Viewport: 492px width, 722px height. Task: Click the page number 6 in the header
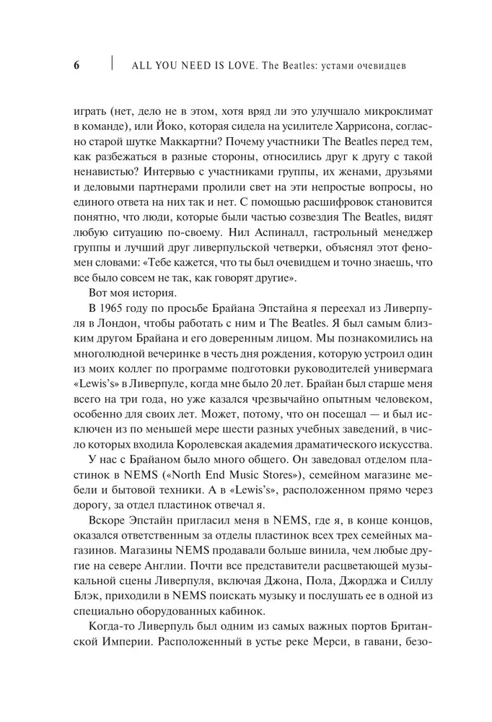coord(76,66)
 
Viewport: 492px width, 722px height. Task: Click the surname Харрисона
coord(345,127)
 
